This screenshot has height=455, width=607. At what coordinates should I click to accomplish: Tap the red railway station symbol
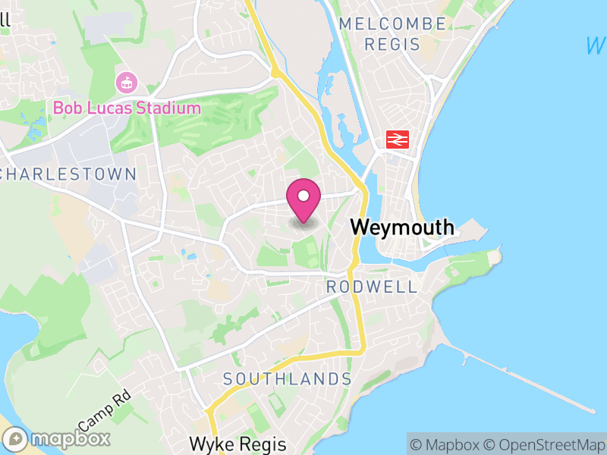(398, 139)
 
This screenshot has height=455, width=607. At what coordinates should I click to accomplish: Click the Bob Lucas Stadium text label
(127, 108)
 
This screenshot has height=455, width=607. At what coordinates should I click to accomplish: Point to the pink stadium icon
(125, 81)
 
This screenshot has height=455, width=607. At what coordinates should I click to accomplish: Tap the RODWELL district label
(372, 287)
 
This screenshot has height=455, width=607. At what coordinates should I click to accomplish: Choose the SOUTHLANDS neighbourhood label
(288, 378)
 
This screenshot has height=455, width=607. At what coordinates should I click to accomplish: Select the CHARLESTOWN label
(68, 174)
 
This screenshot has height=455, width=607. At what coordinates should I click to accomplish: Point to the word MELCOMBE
(392, 24)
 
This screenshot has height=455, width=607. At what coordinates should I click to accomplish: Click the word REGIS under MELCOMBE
(392, 44)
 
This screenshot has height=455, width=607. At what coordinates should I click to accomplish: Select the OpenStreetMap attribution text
(544, 444)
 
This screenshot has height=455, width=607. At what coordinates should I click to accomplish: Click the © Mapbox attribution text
(447, 444)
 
